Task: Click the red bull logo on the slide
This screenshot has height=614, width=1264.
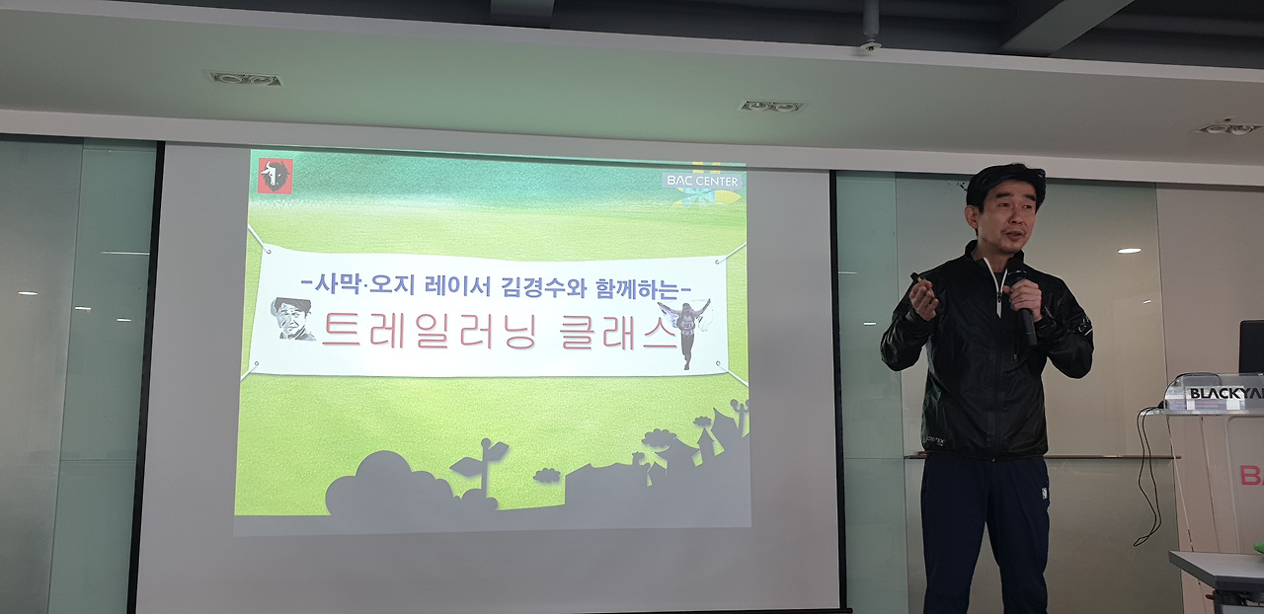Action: [275, 176]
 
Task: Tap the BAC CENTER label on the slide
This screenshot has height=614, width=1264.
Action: [702, 181]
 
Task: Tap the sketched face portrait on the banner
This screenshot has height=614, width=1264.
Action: [292, 319]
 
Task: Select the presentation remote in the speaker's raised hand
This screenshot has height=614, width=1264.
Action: [917, 280]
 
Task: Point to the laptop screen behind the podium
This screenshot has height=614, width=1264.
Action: [1252, 345]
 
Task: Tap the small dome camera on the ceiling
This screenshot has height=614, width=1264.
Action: [870, 44]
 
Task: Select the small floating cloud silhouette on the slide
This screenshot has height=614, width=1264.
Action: [546, 476]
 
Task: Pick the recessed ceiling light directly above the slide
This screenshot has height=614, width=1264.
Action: [771, 106]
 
